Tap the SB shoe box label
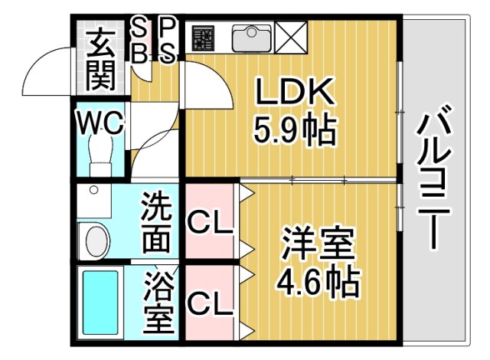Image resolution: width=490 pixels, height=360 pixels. (x=140, y=41)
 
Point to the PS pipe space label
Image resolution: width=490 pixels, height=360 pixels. (x=168, y=41)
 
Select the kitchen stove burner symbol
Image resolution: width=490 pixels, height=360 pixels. (x=203, y=37)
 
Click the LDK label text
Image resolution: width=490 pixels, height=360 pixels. (x=295, y=95)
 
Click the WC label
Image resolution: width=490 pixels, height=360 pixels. (x=100, y=122)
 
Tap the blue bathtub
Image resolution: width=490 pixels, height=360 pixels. (x=103, y=302)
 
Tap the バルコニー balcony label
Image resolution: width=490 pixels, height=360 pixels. (x=432, y=179)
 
